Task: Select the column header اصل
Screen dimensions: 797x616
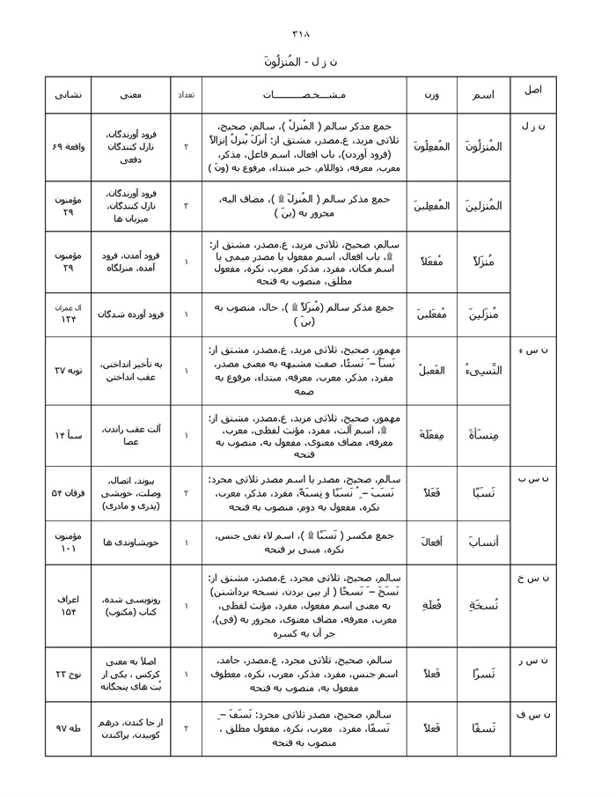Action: click(533, 91)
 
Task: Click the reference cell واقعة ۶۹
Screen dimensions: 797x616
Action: click(68, 146)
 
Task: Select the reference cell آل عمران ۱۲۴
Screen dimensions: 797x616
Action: click(68, 314)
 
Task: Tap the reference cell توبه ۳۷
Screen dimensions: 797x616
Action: click(68, 371)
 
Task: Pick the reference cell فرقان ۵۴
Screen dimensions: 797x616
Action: click(68, 494)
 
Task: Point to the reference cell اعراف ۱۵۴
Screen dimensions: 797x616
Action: click(68, 605)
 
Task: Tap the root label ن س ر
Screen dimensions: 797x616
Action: click(533, 660)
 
